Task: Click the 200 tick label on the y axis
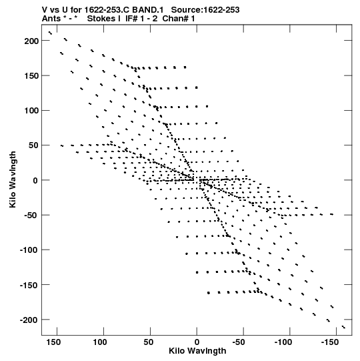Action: pos(31,41)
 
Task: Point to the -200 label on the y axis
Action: pos(29,320)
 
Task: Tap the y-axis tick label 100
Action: pos(31,111)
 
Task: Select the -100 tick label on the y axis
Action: pos(29,250)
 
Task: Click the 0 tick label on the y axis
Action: pos(35,180)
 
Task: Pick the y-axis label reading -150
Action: pos(29,285)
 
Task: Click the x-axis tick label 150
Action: pos(53,342)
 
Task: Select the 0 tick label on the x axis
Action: pos(197,342)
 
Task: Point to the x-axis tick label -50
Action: pos(239,342)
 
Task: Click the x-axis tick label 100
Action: pos(100,342)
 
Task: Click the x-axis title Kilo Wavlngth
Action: pos(197,351)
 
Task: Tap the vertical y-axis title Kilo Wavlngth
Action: pos(13,179)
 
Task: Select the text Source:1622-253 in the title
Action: pos(205,10)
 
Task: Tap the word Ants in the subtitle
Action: pos(51,19)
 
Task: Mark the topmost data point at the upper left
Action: pos(50,33)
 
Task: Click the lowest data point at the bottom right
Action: pos(344,327)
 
